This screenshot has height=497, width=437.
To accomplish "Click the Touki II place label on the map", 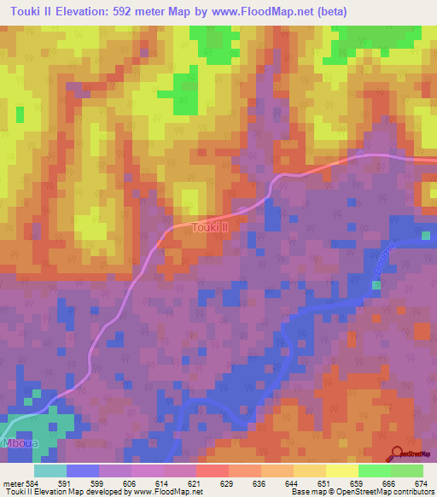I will [x=209, y=227].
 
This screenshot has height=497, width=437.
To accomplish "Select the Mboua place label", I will [x=17, y=445].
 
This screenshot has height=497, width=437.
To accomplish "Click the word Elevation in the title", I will [x=95, y=11].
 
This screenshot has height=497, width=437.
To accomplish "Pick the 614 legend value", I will [x=185, y=482].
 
